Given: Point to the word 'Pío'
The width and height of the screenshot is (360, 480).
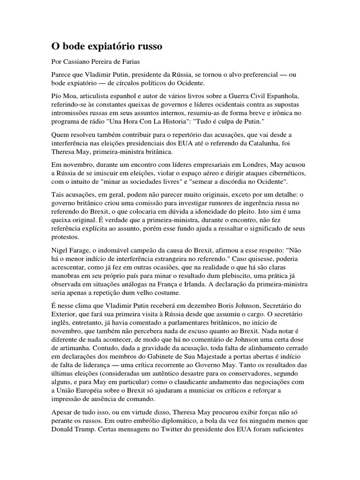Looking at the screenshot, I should click(57, 96).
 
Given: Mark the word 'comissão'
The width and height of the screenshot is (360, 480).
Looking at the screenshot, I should click(156, 202).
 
